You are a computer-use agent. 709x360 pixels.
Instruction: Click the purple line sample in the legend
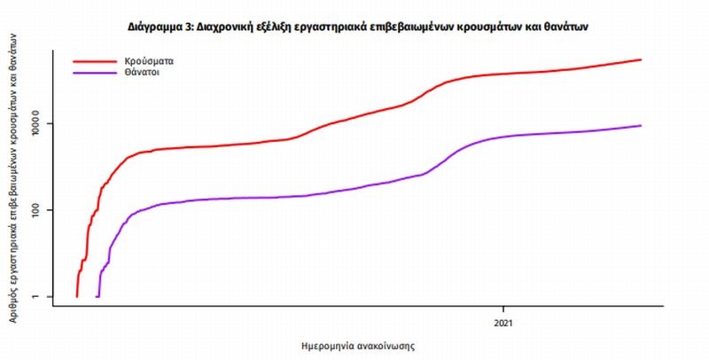tap(94, 73)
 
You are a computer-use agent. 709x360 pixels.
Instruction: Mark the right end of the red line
tap(641, 59)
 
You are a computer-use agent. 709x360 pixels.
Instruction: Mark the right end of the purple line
tap(641, 125)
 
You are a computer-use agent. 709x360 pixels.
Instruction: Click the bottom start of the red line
tap(77, 296)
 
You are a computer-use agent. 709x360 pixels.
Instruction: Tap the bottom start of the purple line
tap(97, 296)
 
